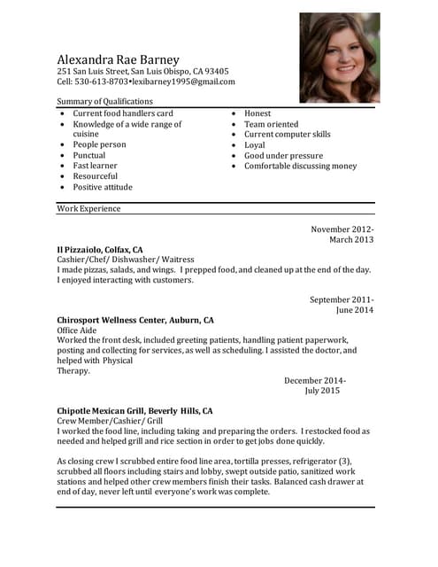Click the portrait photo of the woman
tap(339, 58)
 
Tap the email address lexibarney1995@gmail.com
tap(184, 82)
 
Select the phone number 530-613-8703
tap(104, 82)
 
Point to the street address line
tap(142, 71)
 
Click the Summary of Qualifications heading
tap(104, 102)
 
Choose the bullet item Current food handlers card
tap(123, 113)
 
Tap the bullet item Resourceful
tap(95, 176)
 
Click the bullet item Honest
tap(257, 113)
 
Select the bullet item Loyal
tap(255, 144)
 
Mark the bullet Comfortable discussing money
tap(301, 166)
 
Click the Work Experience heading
tap(88, 209)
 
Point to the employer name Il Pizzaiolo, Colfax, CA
tap(100, 250)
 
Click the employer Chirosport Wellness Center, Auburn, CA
tap(135, 319)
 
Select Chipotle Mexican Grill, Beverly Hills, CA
tap(134, 411)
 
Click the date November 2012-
tap(342, 229)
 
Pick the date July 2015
tap(322, 390)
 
